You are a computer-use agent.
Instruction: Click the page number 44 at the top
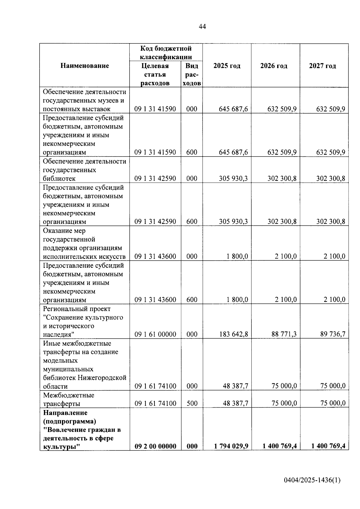tap(202, 27)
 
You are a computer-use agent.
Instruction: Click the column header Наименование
tap(85, 66)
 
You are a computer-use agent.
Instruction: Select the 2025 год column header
tap(227, 66)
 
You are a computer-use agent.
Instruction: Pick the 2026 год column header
tap(274, 66)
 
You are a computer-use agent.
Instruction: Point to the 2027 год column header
tap(322, 66)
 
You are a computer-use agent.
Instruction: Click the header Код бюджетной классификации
tap(166, 52)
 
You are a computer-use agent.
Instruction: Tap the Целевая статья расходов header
tap(155, 74)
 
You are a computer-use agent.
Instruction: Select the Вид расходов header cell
tap(192, 74)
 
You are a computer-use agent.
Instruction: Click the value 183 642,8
tap(234, 334)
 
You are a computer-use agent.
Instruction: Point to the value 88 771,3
tap(284, 334)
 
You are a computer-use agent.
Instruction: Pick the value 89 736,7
tap(333, 334)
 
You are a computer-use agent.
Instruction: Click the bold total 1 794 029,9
tap(231, 446)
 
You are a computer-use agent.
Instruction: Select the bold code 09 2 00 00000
tap(155, 446)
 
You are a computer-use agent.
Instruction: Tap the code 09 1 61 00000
tap(155, 334)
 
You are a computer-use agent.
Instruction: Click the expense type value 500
tap(192, 403)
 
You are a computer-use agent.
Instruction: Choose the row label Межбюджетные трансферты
tap(68, 399)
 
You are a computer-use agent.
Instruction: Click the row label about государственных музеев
tap(84, 100)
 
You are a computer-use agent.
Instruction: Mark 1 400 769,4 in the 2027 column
tap(328, 446)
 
